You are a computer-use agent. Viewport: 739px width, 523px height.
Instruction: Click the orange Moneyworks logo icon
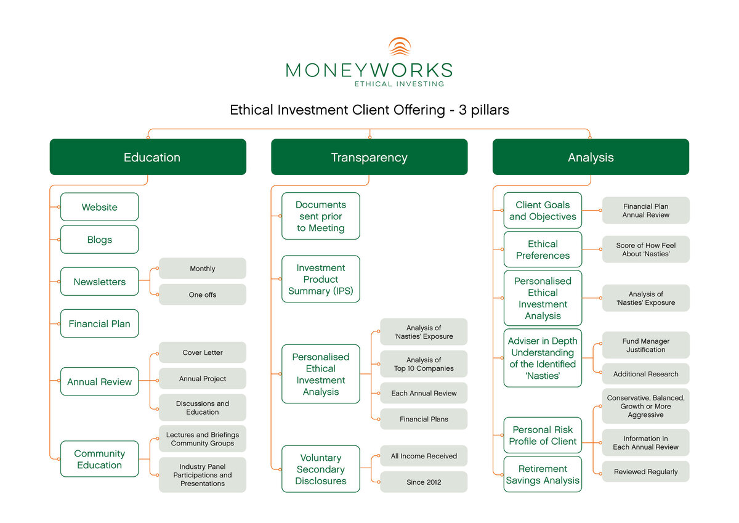(x=400, y=47)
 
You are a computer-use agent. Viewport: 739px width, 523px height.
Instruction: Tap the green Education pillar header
(x=148, y=157)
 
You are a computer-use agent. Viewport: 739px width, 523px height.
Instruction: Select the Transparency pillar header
(x=369, y=157)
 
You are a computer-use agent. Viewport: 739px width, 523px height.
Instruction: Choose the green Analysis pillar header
(x=591, y=157)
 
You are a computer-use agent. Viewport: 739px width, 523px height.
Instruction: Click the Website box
(x=99, y=207)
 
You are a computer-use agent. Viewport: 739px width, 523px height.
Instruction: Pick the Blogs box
(x=99, y=240)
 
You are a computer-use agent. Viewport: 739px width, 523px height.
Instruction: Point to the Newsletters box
(x=99, y=282)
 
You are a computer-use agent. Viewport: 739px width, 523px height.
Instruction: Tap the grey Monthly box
(x=203, y=269)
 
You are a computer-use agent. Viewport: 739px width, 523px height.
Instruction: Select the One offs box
(x=203, y=294)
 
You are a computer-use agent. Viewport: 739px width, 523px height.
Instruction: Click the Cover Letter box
(x=203, y=352)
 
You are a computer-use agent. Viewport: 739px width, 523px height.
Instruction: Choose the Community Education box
(x=99, y=459)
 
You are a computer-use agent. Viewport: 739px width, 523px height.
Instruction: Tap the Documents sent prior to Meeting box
(x=320, y=216)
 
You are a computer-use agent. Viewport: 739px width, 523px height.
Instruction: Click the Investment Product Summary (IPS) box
(x=320, y=279)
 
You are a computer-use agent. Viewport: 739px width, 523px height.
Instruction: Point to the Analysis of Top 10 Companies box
(x=424, y=364)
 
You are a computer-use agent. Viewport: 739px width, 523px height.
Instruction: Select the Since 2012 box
(x=424, y=482)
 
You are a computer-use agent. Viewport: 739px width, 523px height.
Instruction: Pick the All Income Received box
(x=424, y=456)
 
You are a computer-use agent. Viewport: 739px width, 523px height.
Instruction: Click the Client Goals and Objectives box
(x=543, y=211)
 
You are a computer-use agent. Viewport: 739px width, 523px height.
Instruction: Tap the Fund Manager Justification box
(x=646, y=345)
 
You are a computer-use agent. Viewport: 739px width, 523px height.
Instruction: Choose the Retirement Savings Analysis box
(x=543, y=474)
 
